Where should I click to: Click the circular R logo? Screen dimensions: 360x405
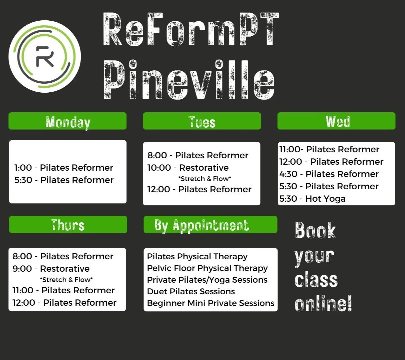click(x=44, y=56)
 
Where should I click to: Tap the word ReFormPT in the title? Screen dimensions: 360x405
click(x=190, y=30)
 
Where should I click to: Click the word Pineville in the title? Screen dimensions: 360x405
click(x=189, y=80)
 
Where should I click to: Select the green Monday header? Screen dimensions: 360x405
click(x=68, y=121)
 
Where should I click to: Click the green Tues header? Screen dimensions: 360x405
click(x=202, y=121)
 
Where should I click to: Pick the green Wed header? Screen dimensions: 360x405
click(x=336, y=121)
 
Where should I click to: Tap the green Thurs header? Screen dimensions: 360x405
click(x=68, y=225)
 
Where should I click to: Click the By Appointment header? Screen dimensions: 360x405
click(x=210, y=225)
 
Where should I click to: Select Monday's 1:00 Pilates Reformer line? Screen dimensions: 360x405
click(x=64, y=168)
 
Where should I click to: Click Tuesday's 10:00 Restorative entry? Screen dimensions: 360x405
click(x=188, y=168)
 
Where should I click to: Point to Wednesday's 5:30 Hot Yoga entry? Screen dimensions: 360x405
click(x=312, y=199)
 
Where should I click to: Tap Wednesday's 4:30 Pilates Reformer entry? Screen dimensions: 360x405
click(x=329, y=174)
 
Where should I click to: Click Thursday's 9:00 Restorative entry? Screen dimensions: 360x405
click(x=51, y=269)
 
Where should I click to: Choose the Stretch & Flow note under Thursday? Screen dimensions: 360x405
click(x=66, y=280)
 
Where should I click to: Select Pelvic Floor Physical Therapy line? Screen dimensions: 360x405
click(x=207, y=268)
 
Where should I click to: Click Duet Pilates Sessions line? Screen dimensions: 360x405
click(x=191, y=292)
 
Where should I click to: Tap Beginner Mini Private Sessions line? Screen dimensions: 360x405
click(x=210, y=303)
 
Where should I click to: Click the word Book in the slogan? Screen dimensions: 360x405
click(x=315, y=231)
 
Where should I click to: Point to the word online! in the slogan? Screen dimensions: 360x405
click(x=323, y=304)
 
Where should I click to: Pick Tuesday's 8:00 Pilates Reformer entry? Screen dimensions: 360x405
click(x=198, y=155)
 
